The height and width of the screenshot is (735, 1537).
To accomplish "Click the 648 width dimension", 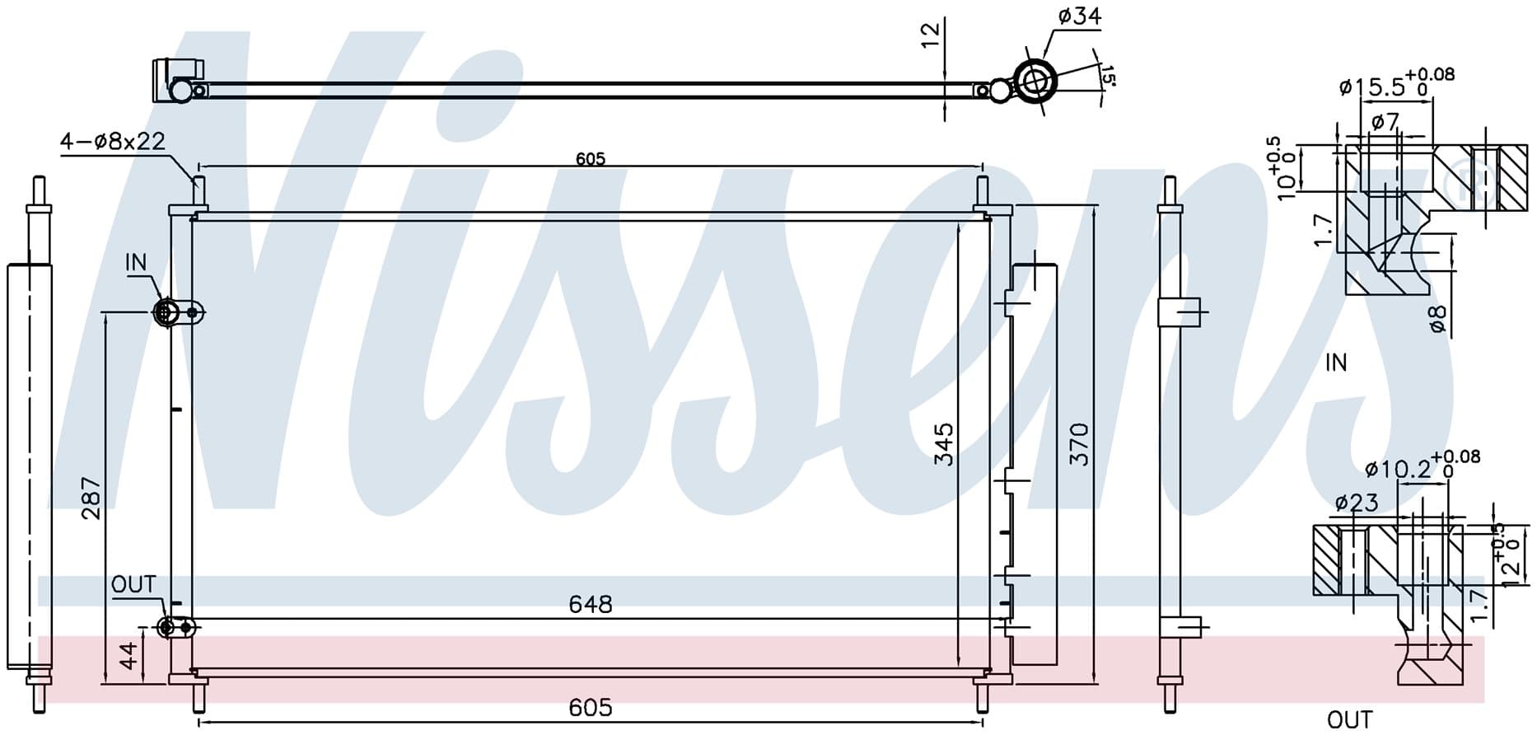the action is click(x=591, y=605).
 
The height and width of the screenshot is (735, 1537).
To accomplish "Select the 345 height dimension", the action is click(x=944, y=444).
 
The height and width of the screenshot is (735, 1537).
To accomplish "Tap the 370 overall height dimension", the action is click(x=1079, y=444).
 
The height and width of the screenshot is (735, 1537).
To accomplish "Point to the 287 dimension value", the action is click(x=91, y=498).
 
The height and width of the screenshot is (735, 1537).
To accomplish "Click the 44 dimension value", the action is click(x=128, y=657).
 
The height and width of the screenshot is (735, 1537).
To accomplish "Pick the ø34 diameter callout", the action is click(x=1079, y=16).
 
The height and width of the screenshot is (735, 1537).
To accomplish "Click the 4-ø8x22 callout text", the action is click(x=113, y=142).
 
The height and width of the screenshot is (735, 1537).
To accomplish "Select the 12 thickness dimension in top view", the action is click(x=930, y=35).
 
